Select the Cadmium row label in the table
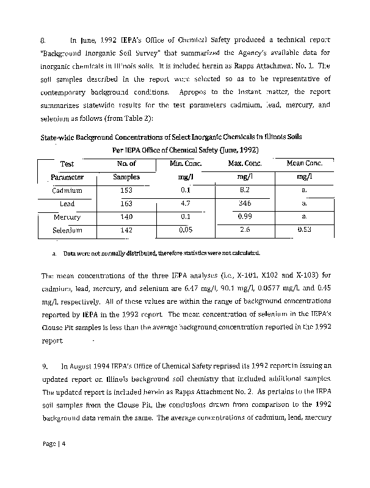point(68,190)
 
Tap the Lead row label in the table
point(67,203)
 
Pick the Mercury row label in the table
point(67,217)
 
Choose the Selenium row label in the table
point(67,231)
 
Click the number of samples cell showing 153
point(126,190)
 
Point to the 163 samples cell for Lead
point(126,203)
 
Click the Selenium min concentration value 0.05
point(186,230)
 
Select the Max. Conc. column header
point(245,163)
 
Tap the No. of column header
point(126,163)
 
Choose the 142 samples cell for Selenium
point(126,231)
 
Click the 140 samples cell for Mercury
point(126,217)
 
